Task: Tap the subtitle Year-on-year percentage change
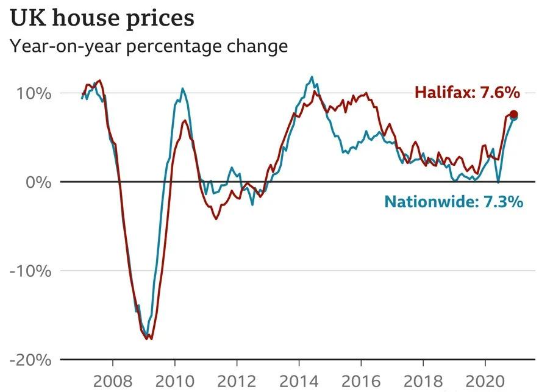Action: coord(148,46)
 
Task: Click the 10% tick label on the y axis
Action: coord(30,93)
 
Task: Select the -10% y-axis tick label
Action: coord(29,271)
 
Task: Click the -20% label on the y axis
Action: coord(29,360)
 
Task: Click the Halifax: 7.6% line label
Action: coord(467,93)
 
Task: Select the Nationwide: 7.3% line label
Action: coord(453,202)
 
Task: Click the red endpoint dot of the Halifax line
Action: coord(513,115)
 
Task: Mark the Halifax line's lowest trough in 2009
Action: coord(150,339)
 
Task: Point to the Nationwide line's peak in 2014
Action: coord(312,77)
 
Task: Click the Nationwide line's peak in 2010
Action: coord(182,88)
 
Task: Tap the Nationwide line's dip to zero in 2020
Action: coord(498,182)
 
